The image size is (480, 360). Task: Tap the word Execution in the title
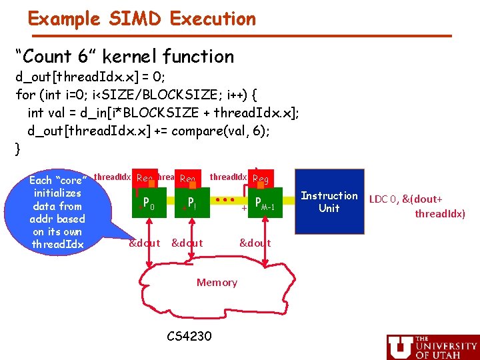point(213,18)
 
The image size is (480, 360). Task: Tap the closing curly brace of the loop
point(18,149)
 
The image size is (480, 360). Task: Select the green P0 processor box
point(149,203)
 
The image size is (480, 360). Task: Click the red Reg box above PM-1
point(260,178)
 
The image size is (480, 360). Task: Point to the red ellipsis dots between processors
point(225,199)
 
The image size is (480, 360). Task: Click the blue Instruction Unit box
point(329,202)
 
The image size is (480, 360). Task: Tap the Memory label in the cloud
point(217,282)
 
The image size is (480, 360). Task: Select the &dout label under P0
point(144,243)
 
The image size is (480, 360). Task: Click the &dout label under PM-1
point(255,243)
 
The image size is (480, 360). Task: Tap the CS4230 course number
point(189,336)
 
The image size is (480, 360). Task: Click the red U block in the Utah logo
point(399,347)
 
